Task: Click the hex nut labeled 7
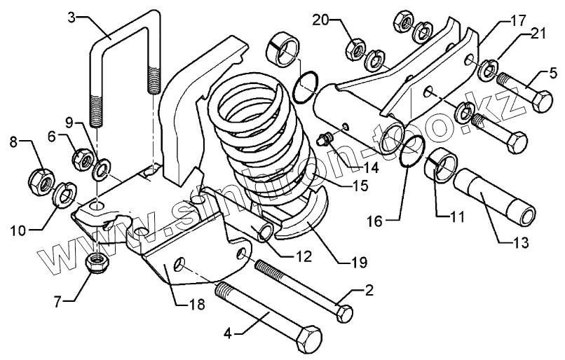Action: (96, 263)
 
